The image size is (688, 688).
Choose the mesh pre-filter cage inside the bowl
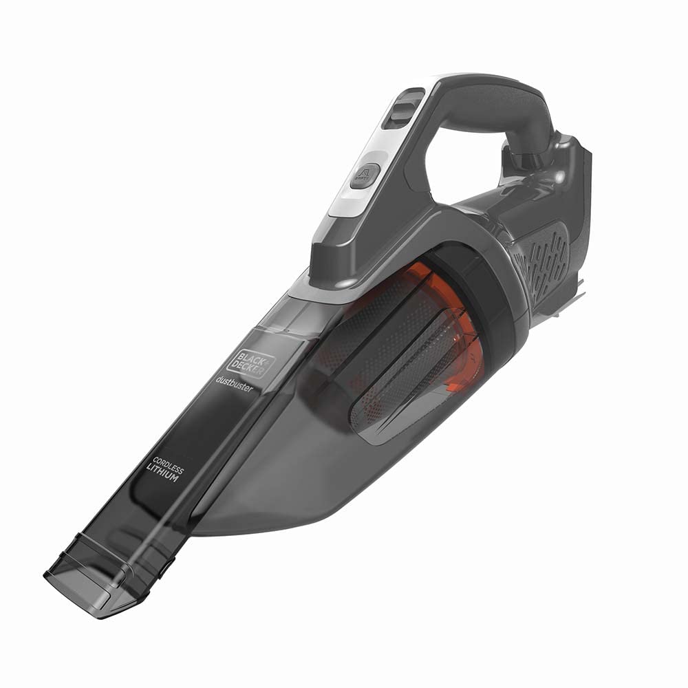pos(385,385)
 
